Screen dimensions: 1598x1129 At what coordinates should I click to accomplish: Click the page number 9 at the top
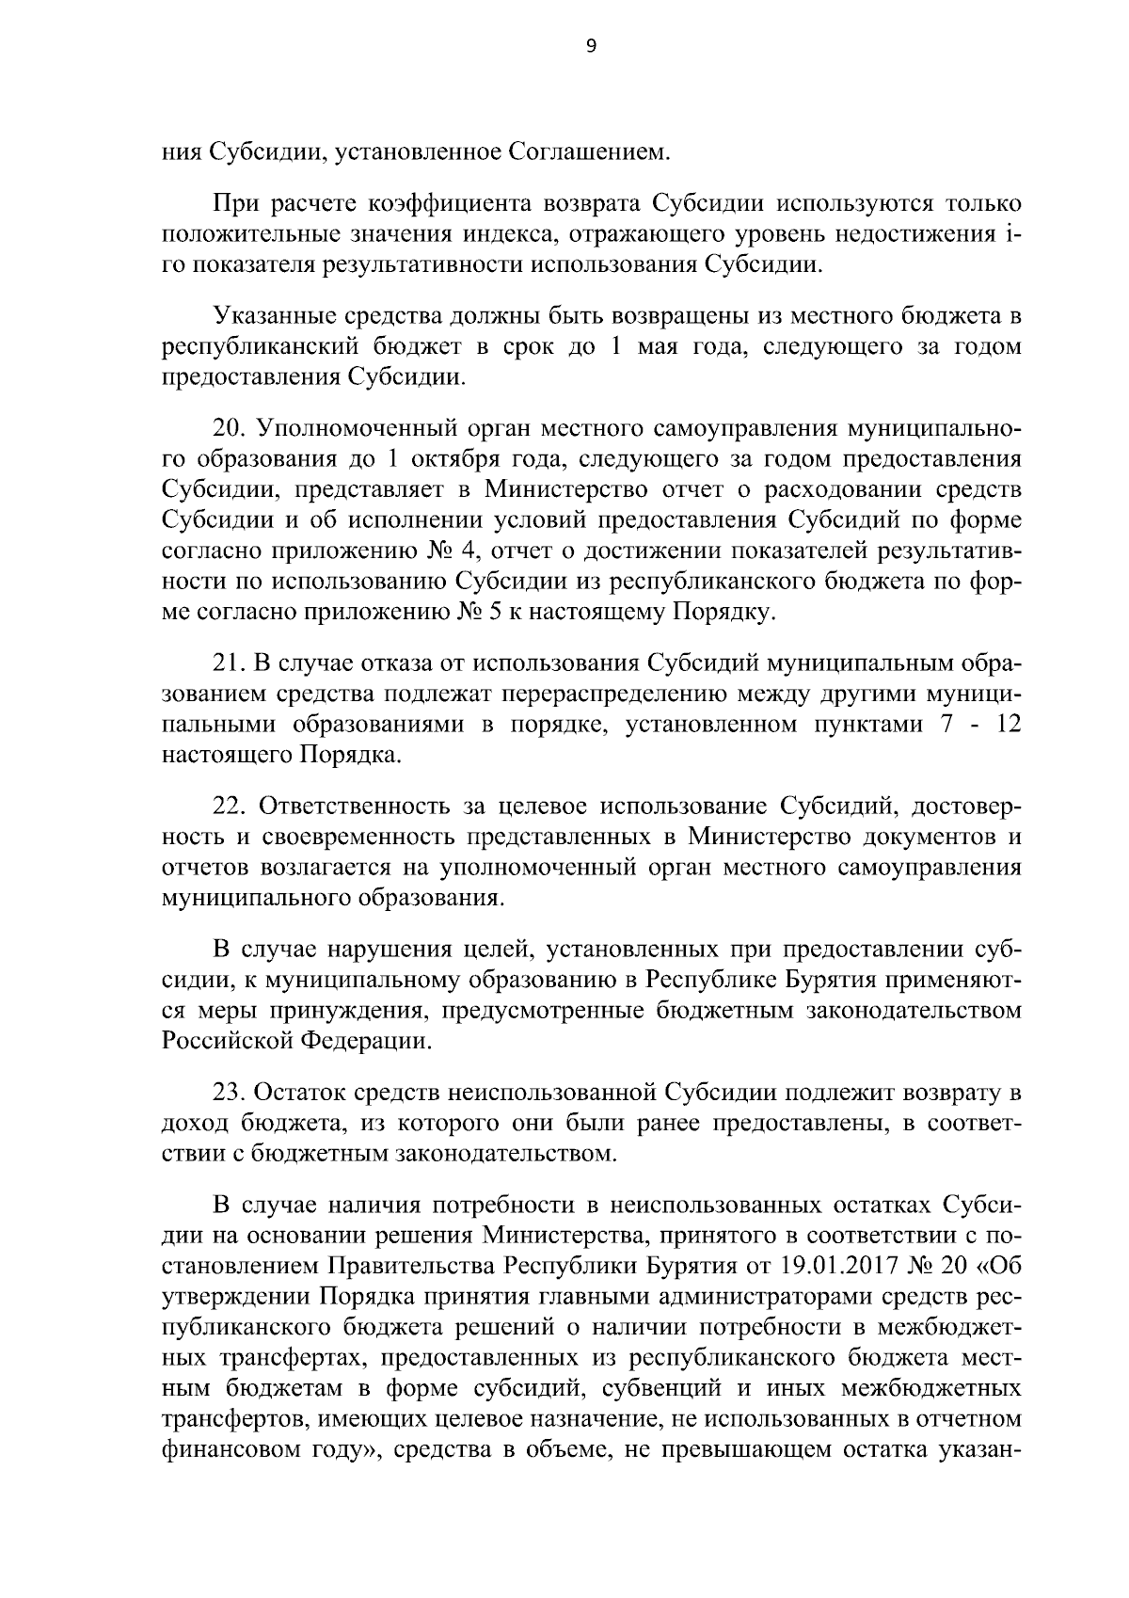point(591,50)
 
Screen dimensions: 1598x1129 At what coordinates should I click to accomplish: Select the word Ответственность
point(355,807)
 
